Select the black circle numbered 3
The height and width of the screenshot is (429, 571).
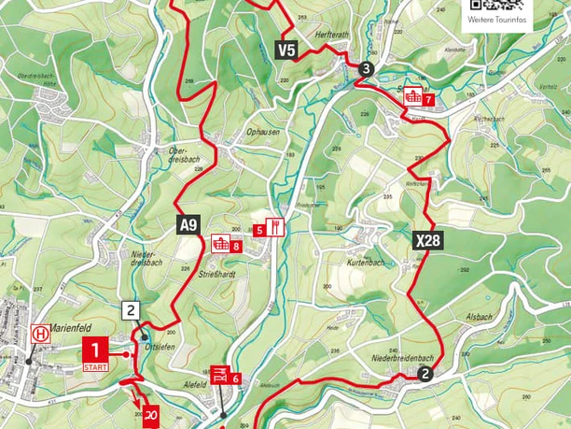tap(366, 68)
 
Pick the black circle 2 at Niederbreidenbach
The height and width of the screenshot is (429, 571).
tap(425, 375)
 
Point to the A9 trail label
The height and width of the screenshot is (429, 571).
tap(188, 224)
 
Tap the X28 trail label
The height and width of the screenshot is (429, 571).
tap(427, 240)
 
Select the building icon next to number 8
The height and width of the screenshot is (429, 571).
tap(221, 244)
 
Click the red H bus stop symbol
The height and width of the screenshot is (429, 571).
tap(39, 333)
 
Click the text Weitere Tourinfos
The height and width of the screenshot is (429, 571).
tap(497, 21)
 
